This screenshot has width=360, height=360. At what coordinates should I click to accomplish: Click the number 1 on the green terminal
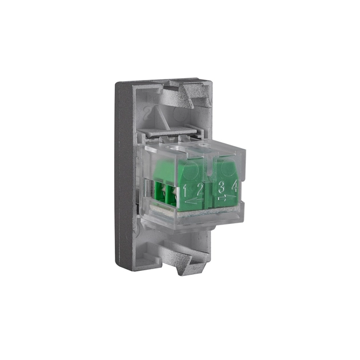tap(185, 191)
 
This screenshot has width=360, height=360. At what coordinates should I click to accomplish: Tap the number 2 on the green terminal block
tap(200, 190)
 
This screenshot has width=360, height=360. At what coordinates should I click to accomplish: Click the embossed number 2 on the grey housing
tap(147, 113)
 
